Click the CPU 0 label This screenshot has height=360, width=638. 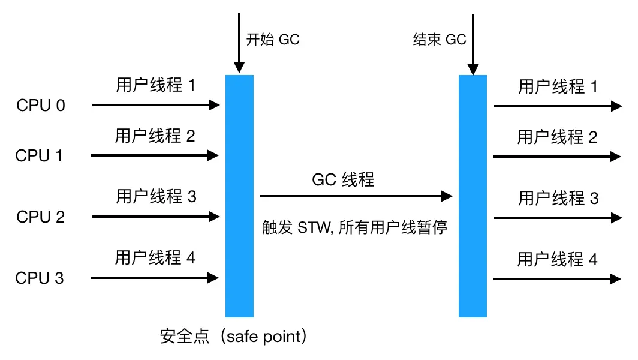[x=41, y=106]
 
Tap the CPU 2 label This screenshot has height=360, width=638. [x=41, y=217]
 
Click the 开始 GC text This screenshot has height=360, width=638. [x=273, y=40]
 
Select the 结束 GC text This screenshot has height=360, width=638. [x=440, y=40]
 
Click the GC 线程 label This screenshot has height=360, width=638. [x=343, y=179]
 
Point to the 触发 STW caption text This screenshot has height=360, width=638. [x=354, y=228]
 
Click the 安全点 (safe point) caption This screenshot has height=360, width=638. [x=234, y=336]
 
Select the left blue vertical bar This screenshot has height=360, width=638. [x=239, y=196]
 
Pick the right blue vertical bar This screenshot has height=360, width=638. [x=473, y=196]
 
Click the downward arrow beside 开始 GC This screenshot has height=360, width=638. [x=239, y=42]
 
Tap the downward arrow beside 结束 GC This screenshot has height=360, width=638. [x=473, y=42]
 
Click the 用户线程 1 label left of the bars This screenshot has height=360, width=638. [x=156, y=85]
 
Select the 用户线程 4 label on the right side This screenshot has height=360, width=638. [x=558, y=259]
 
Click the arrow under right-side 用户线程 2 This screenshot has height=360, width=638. [x=556, y=157]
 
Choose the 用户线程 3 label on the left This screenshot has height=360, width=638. [x=156, y=196]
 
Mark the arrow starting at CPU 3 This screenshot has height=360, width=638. [x=155, y=278]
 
